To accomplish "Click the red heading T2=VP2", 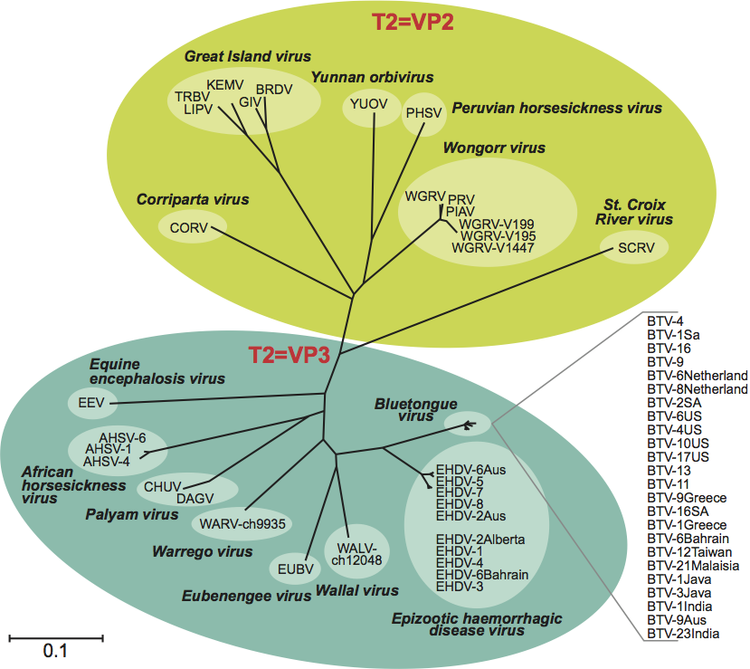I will (x=412, y=21).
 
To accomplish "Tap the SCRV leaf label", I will (x=635, y=248).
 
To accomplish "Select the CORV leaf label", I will (x=188, y=227).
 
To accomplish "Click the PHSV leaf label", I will (x=423, y=113).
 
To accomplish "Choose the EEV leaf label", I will (x=87, y=402).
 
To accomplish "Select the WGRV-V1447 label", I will (x=494, y=247).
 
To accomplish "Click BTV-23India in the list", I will (x=683, y=635).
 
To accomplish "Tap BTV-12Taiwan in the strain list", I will (x=689, y=551).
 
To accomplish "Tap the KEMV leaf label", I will (x=222, y=84).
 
